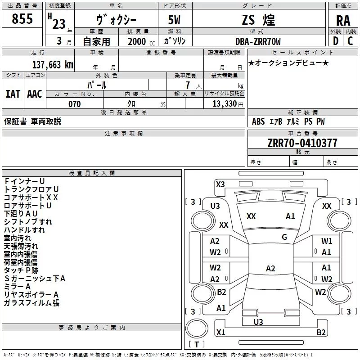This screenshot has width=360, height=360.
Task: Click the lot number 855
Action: coord(22,19)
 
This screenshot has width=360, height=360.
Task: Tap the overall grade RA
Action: coord(343,20)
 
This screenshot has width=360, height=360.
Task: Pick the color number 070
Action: coord(74,104)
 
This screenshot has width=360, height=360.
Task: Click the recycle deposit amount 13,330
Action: coord(224,104)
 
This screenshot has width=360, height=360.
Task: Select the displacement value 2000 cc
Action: coord(137,41)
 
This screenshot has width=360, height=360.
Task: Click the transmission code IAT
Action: coord(13,94)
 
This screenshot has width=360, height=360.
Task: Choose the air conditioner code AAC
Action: coord(35,94)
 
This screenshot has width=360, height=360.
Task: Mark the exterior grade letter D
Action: coord(335,41)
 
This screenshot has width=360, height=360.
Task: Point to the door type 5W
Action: coord(175,20)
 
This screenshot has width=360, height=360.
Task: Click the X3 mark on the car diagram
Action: coord(220,184)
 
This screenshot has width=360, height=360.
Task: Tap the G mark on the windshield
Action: coord(284,237)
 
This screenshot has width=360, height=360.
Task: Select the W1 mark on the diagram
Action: coord(327,241)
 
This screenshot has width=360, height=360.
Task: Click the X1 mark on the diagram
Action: coord(220,332)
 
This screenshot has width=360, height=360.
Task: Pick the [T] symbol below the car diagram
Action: coord(197,344)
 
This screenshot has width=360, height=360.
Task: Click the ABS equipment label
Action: coord(258,121)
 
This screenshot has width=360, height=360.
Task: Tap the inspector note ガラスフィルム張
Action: coord(31,303)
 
